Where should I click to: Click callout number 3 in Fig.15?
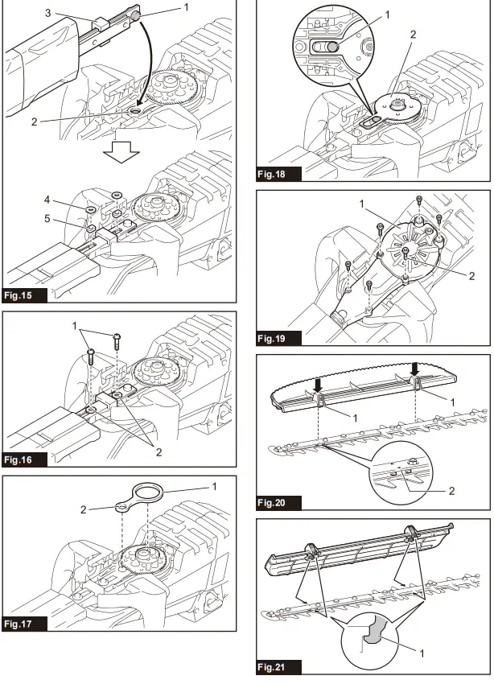pyautogui.click(x=47, y=14)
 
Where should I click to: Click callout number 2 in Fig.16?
pyautogui.click(x=158, y=451)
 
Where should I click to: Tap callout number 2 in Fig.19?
pyautogui.click(x=471, y=276)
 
